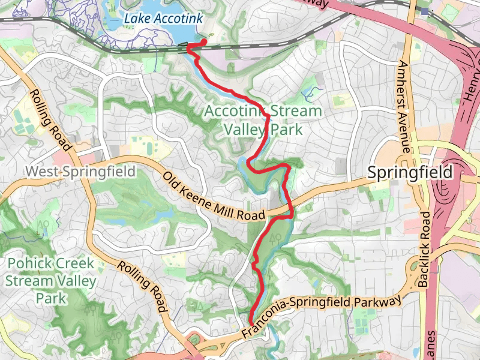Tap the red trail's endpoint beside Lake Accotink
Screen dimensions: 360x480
click(204, 41)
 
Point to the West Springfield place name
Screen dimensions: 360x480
click(80, 172)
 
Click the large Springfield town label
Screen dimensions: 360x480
click(410, 173)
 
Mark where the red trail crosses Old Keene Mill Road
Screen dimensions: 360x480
click(290, 211)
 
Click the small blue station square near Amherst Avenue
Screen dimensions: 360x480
click(425, 11)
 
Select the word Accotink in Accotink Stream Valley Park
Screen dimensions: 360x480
click(235, 112)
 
